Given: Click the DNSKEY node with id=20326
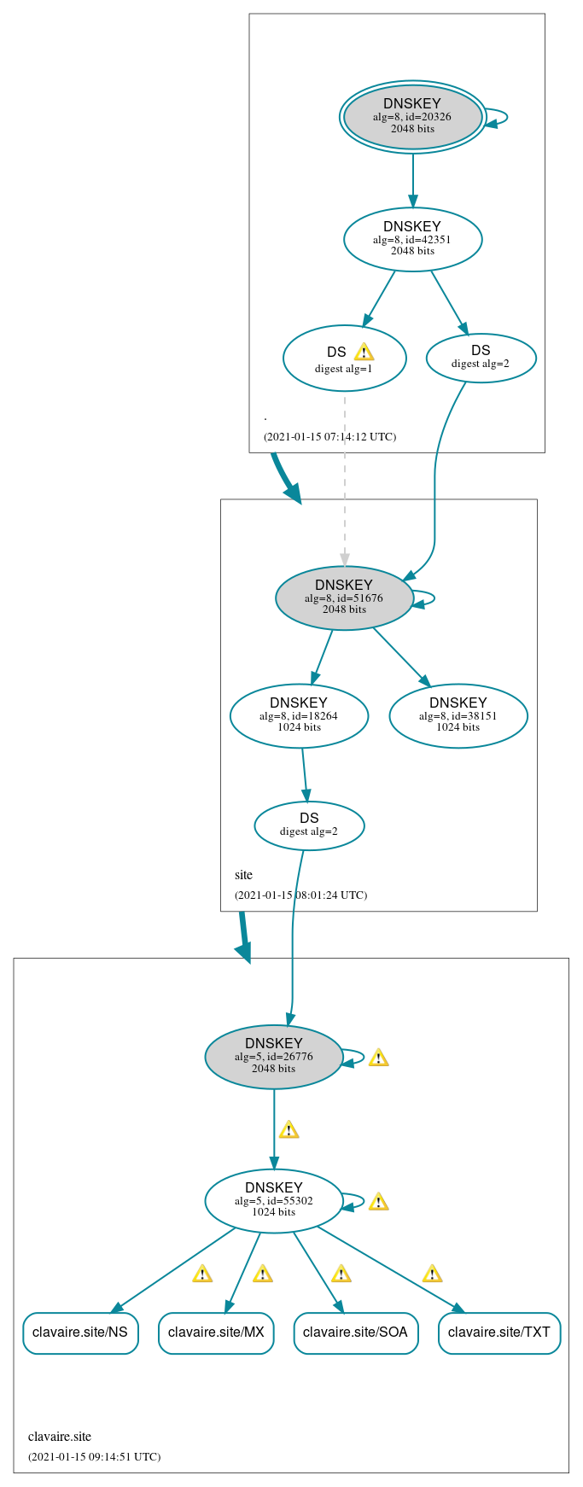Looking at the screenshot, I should click(412, 117).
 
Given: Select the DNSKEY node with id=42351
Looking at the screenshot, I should click(412, 239).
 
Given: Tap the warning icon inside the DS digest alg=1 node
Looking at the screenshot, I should click(364, 352).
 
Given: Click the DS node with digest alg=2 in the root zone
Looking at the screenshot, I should click(481, 358).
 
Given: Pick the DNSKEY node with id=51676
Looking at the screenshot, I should click(344, 598).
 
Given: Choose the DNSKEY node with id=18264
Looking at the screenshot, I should click(299, 715).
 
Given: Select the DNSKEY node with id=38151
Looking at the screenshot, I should click(458, 715).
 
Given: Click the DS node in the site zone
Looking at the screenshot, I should click(309, 825).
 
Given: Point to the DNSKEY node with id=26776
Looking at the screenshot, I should click(273, 1056).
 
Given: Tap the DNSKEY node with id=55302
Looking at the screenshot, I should click(273, 1200).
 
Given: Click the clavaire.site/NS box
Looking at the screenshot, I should click(80, 1332).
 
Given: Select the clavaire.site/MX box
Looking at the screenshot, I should click(216, 1332).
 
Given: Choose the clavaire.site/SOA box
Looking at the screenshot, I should click(356, 1332).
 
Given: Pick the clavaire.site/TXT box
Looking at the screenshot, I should click(499, 1332).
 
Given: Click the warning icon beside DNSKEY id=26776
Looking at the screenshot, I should click(378, 1058).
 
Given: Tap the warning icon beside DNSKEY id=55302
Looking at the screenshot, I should click(378, 1202).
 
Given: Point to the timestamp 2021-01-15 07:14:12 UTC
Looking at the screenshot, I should click(329, 437).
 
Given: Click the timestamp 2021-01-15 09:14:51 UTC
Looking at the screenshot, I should click(94, 1457).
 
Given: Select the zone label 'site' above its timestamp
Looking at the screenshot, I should click(243, 875).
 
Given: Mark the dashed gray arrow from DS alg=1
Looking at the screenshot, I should click(345, 478).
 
